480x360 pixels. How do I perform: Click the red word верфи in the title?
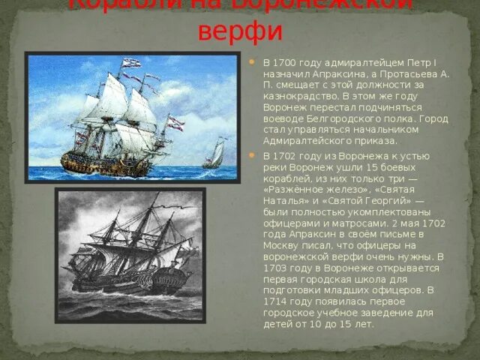[x=239, y=32]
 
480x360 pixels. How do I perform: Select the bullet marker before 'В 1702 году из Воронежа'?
[x=253, y=156]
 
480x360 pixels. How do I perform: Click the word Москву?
[x=282, y=246]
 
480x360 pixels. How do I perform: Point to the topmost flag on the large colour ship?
[x=130, y=62]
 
